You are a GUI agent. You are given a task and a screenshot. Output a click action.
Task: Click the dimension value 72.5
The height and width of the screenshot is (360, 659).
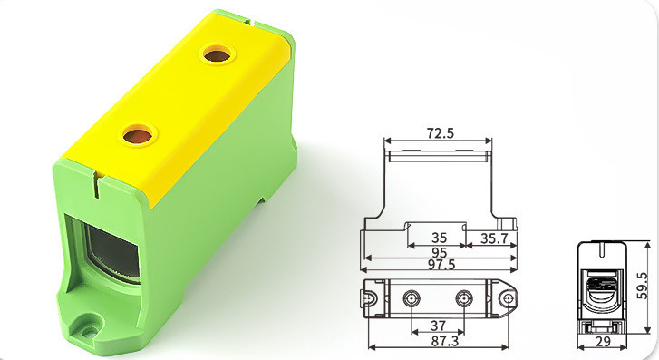(x=441, y=133)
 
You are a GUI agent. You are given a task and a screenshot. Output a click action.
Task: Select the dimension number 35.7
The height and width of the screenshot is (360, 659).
(x=494, y=238)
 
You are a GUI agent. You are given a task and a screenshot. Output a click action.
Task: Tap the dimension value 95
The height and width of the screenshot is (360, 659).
(x=439, y=252)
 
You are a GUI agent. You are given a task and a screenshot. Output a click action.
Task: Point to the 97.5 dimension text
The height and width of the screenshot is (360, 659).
(x=441, y=265)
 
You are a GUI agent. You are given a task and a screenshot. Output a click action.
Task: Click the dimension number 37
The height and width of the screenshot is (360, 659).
(x=439, y=326)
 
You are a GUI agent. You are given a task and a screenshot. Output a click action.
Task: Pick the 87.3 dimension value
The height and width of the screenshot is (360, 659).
(x=445, y=341)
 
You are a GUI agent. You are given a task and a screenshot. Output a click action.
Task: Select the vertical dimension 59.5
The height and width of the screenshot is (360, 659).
(x=642, y=286)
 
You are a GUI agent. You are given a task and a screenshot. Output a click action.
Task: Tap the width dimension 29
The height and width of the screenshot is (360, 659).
(x=603, y=342)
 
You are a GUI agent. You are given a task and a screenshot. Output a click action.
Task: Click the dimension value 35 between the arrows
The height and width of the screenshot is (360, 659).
(x=440, y=238)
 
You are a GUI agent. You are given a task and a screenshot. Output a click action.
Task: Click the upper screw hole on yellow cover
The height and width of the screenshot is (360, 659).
(x=217, y=54)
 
